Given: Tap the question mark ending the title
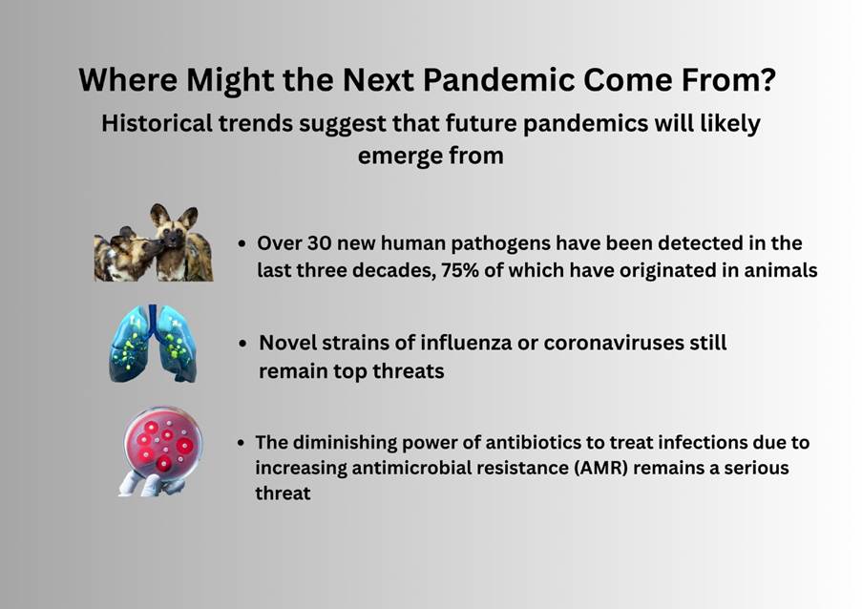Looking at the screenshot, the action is (x=766, y=79).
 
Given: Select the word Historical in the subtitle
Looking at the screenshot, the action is (x=157, y=123).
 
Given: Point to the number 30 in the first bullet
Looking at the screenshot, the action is (x=319, y=243).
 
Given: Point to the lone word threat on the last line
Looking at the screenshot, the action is (x=283, y=493).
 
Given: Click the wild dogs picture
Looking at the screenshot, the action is (x=154, y=242).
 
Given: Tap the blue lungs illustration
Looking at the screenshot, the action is (x=153, y=344).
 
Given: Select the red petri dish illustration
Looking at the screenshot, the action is (x=163, y=444).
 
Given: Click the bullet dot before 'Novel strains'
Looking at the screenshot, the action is (x=243, y=344).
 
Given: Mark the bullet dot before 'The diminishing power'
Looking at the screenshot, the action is (x=241, y=443).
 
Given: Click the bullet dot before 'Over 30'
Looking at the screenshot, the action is (x=242, y=243).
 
